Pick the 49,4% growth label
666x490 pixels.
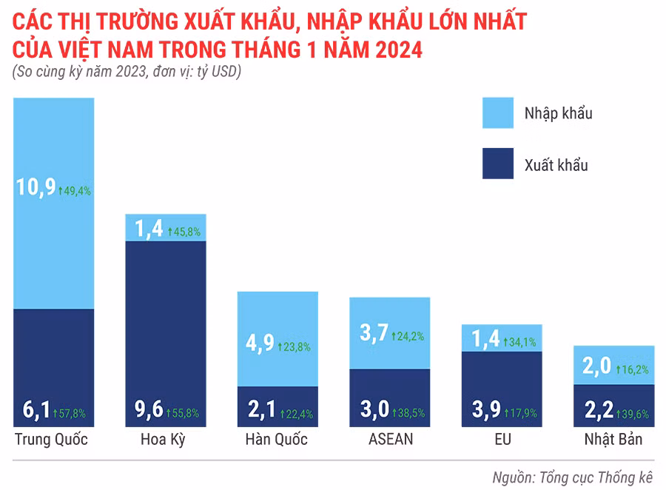click(75, 191)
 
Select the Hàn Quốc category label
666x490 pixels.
click(276, 440)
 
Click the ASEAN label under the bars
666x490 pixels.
click(390, 440)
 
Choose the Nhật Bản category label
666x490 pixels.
click(613, 440)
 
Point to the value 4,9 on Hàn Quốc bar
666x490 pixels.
click(259, 344)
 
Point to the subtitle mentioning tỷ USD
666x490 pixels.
click(127, 72)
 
